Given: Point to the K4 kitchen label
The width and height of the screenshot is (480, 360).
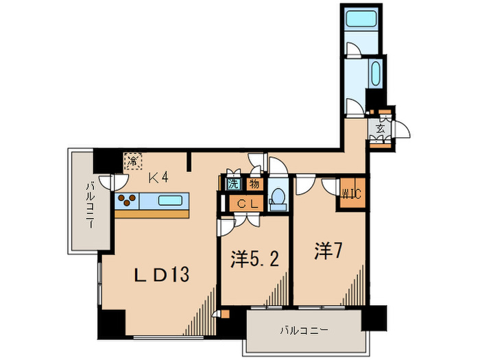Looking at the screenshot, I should pos(159,178).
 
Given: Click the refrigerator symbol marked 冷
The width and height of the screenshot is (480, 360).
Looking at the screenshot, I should pos(132,162).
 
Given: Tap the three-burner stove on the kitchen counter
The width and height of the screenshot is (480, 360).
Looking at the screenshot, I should pos(127,200).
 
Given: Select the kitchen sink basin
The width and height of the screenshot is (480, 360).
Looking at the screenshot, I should pos(171,201).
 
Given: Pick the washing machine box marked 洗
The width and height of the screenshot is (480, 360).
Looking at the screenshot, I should pos(233,184).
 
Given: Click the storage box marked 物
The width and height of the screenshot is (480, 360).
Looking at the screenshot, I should pos(253,184).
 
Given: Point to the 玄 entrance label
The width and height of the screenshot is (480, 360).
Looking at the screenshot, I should pos(379,127).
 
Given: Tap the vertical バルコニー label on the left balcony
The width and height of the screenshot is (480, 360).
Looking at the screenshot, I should pos(90,205).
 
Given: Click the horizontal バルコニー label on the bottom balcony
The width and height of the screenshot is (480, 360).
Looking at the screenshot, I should pos(303,330).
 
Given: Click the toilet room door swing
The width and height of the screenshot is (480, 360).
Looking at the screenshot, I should pos(277,167).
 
